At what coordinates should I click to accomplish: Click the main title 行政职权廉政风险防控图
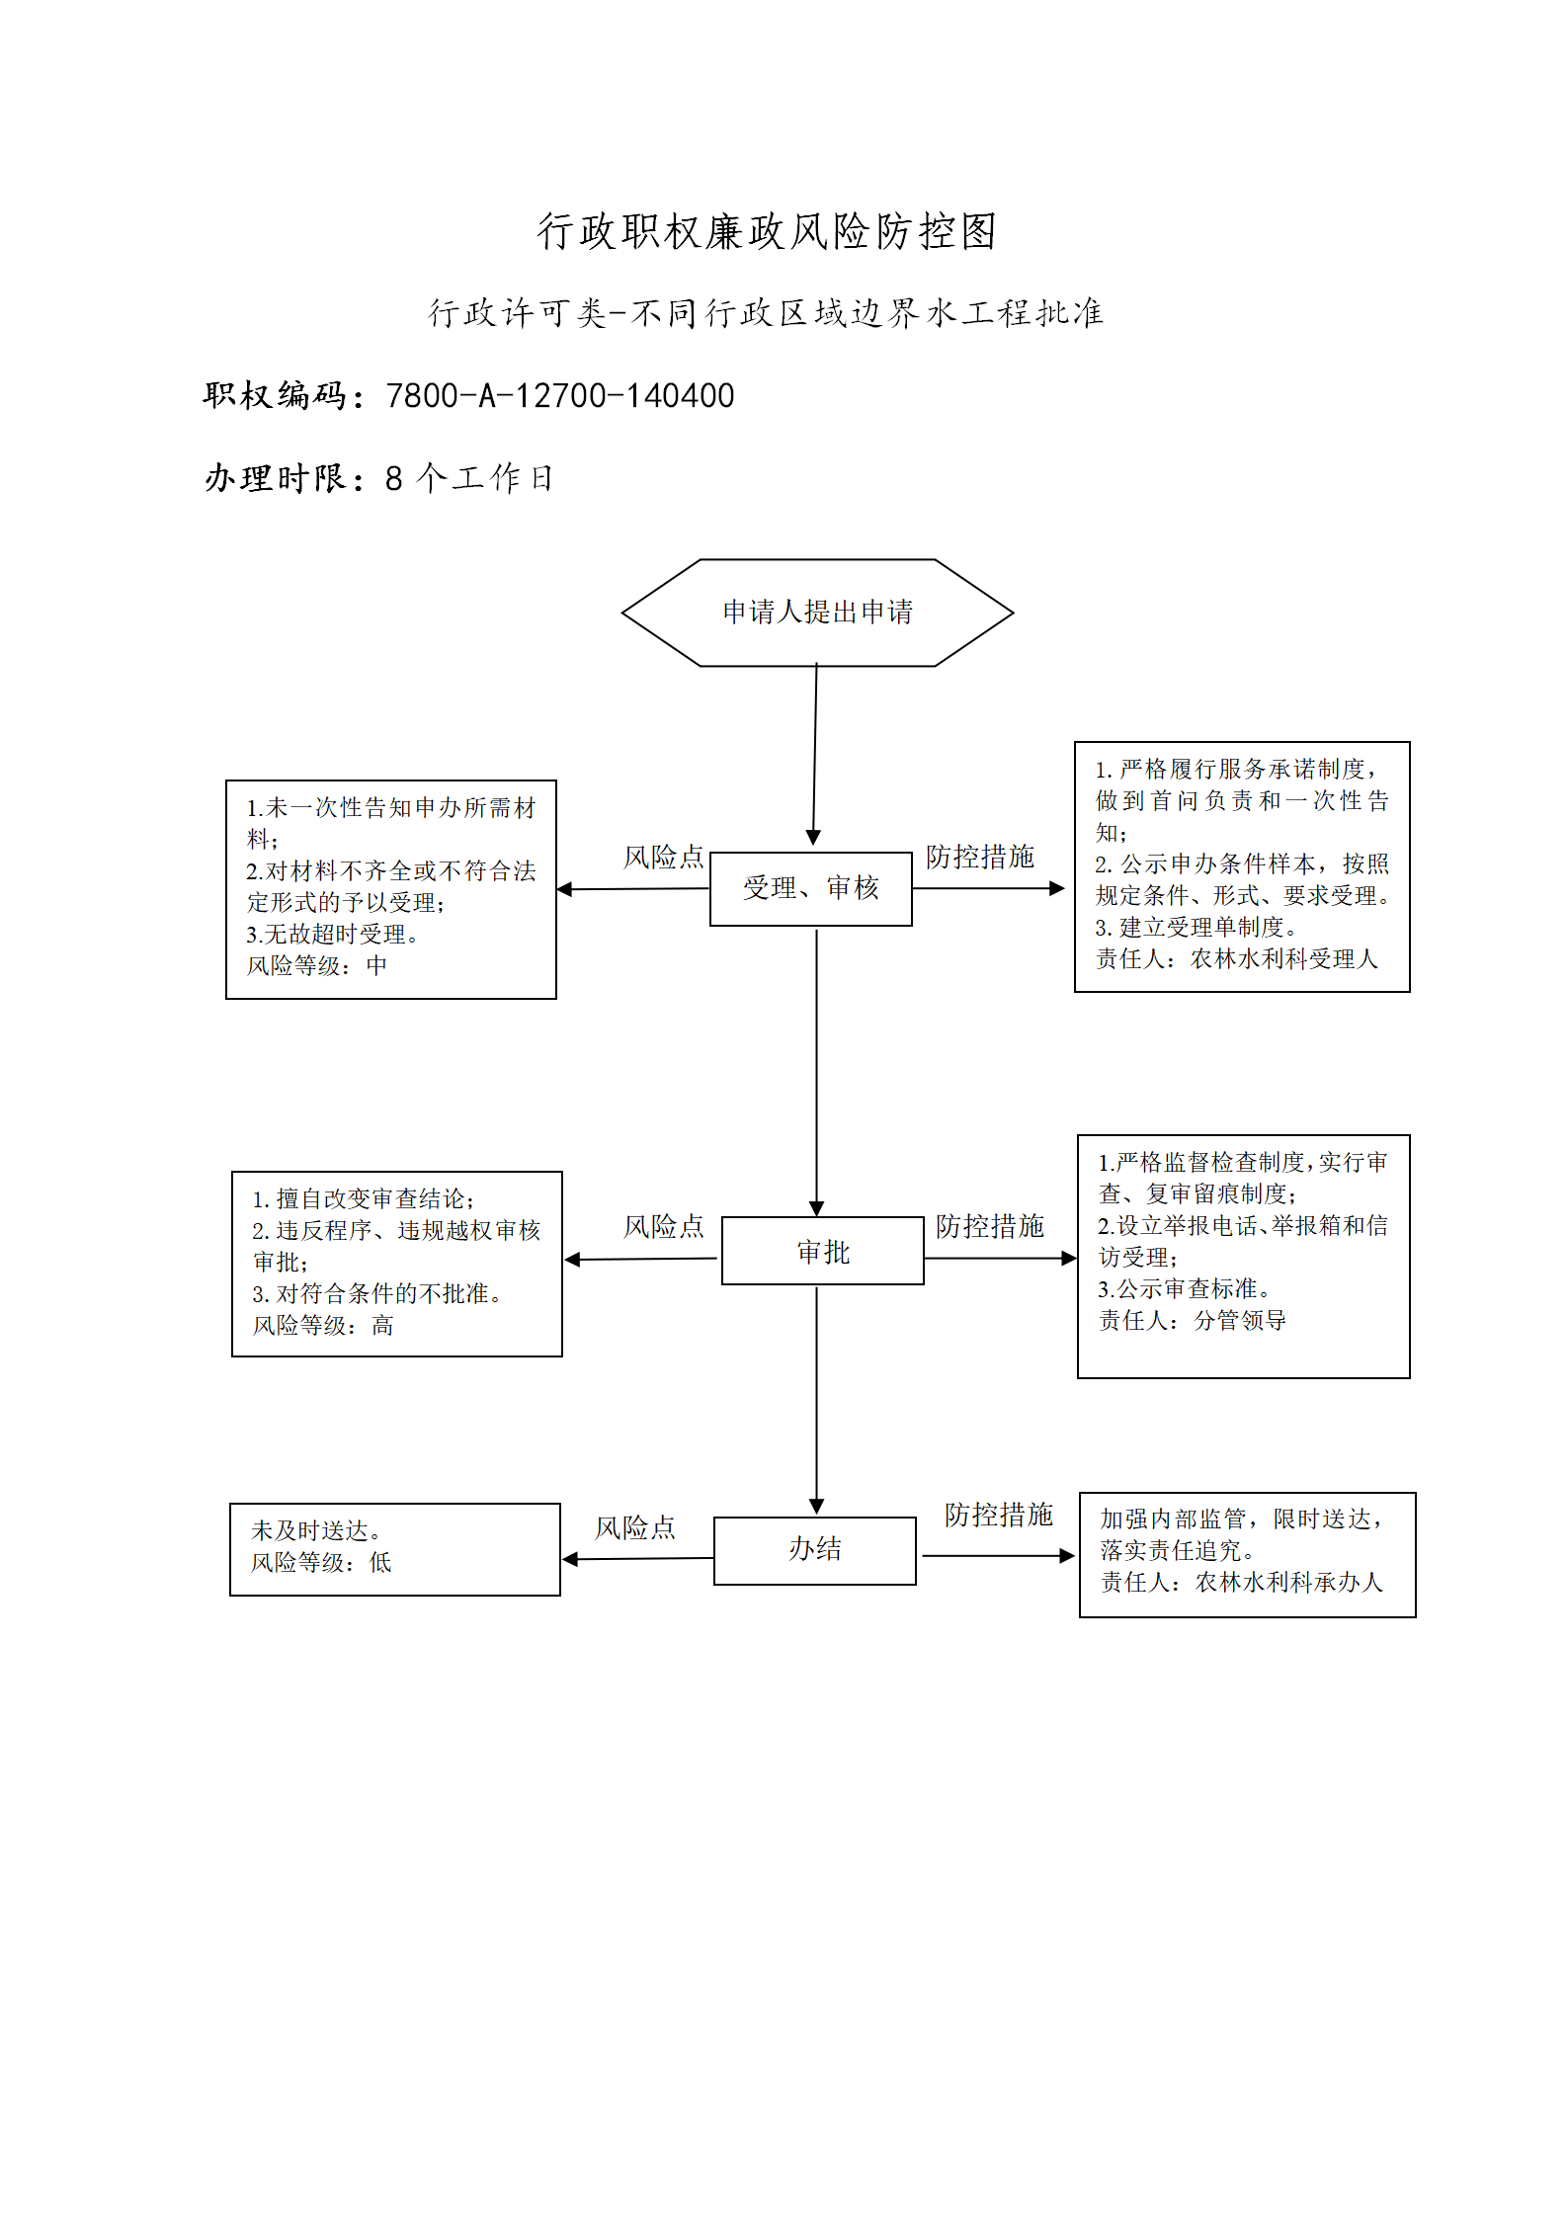pyautogui.click(x=767, y=231)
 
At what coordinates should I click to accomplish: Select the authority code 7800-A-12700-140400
pyautogui.click(x=560, y=395)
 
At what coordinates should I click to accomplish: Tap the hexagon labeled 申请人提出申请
pyautogui.click(x=817, y=613)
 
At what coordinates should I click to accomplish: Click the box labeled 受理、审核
pyautogui.click(x=811, y=888)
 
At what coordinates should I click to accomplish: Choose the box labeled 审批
pyautogui.click(x=823, y=1251)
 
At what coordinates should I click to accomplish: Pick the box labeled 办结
pyautogui.click(x=815, y=1550)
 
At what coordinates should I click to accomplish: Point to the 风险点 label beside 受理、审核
pyautogui.click(x=663, y=857)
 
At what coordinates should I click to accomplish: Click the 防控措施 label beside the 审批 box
pyautogui.click(x=990, y=1226)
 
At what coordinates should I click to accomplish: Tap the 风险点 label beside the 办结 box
pyautogui.click(x=635, y=1527)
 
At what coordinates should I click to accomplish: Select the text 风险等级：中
pyautogui.click(x=316, y=965)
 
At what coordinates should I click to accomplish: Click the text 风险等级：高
pyautogui.click(x=323, y=1325)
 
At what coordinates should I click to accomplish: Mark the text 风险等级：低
pyautogui.click(x=321, y=1562)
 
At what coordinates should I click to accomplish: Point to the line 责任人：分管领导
pyautogui.click(x=1193, y=1320)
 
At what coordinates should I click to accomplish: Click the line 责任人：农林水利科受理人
pyautogui.click(x=1236, y=958)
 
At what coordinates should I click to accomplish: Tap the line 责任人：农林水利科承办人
pyautogui.click(x=1242, y=1582)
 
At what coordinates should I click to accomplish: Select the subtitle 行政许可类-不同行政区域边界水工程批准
pyautogui.click(x=766, y=313)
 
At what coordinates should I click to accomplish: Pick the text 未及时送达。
pyautogui.click(x=316, y=1530)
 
